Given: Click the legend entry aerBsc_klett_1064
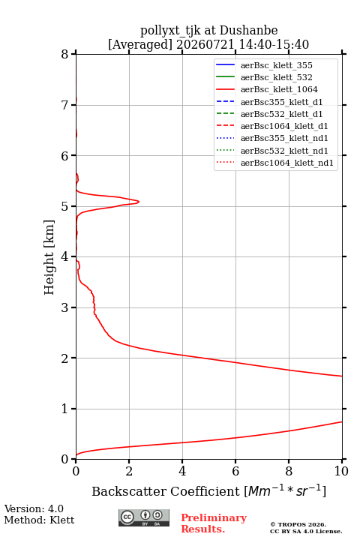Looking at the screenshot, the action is pos(267,89).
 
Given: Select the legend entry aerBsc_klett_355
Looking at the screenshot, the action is pos(264,65).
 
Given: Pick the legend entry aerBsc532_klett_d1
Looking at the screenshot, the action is pos(269,114).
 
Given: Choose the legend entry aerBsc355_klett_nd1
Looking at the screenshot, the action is pos(272,138).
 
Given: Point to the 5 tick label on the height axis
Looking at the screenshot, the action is pos(64,206).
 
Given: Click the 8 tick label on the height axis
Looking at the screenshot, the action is pos(64,55).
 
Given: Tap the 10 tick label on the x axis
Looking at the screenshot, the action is pos(341,471).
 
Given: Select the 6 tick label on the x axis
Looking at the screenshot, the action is pos(235,471).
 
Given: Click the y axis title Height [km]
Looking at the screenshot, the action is pos(49,257).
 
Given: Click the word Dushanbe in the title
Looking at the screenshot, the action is pos(248,31).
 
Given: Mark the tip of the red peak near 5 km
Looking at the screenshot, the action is pos(139,202).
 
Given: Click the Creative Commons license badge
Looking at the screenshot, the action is pos(144,518).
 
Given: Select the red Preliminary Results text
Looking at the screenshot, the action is pos(214,523).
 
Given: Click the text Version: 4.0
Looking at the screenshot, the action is pos(34,509).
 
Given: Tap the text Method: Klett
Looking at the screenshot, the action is pos(39,520).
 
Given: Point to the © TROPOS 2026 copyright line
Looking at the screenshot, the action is pos(298,524).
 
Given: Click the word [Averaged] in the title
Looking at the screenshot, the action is pos(140,45).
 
